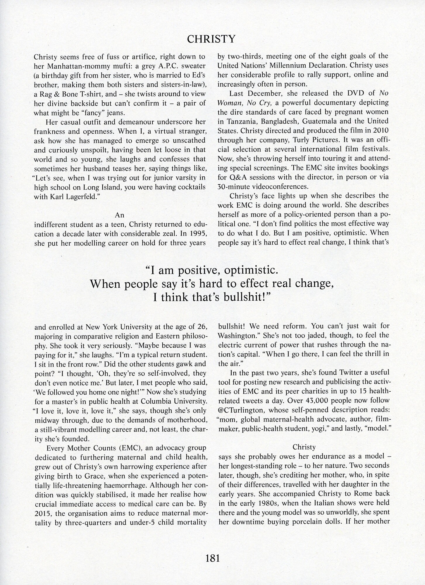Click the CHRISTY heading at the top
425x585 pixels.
click(x=211, y=39)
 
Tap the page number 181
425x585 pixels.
click(x=212, y=558)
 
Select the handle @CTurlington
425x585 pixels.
click(x=241, y=409)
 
